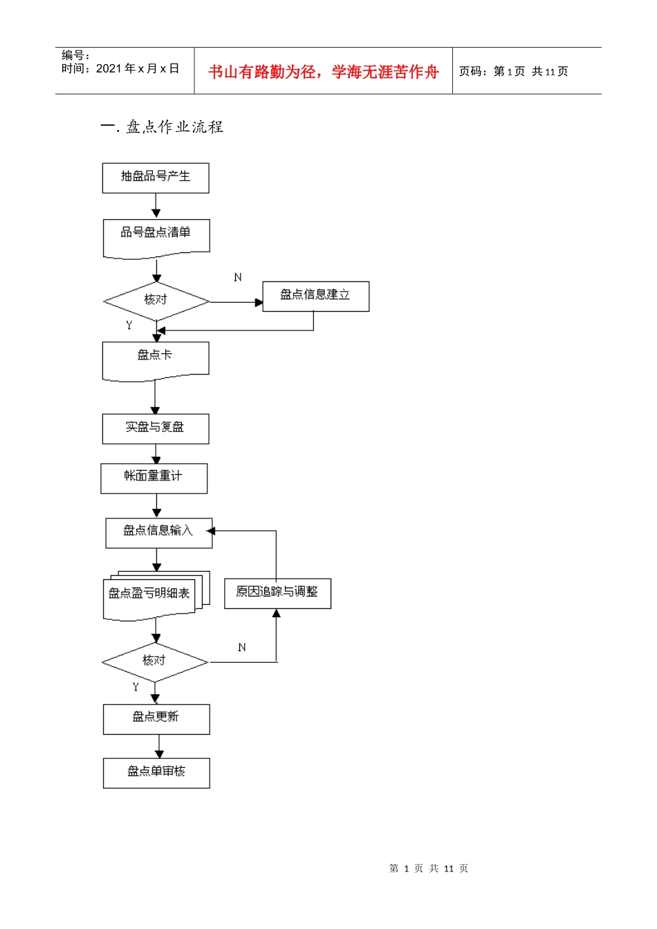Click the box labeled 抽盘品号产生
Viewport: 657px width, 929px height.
pos(156,178)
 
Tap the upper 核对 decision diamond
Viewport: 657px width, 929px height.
pos(156,301)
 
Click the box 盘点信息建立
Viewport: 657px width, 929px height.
pos(315,296)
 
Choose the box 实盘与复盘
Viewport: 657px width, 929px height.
pos(156,429)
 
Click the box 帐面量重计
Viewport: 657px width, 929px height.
pos(154,478)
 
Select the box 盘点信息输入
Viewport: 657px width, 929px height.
pos(158,533)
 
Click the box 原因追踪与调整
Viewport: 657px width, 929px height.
pos(277,593)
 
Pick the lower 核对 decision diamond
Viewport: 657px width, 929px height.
pos(154,661)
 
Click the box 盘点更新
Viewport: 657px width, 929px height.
pos(156,719)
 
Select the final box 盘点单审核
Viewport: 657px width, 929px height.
pos(156,773)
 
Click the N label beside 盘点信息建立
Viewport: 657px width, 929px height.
pos(238,277)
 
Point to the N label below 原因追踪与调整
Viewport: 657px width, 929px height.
pos(242,648)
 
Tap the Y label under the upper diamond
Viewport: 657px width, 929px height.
pos(129,325)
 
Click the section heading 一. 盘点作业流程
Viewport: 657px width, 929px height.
pos(162,127)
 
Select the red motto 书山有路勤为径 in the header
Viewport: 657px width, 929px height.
pos(324,72)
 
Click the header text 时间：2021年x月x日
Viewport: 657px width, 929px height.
pos(120,69)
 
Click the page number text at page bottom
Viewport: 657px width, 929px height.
pos(429,868)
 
